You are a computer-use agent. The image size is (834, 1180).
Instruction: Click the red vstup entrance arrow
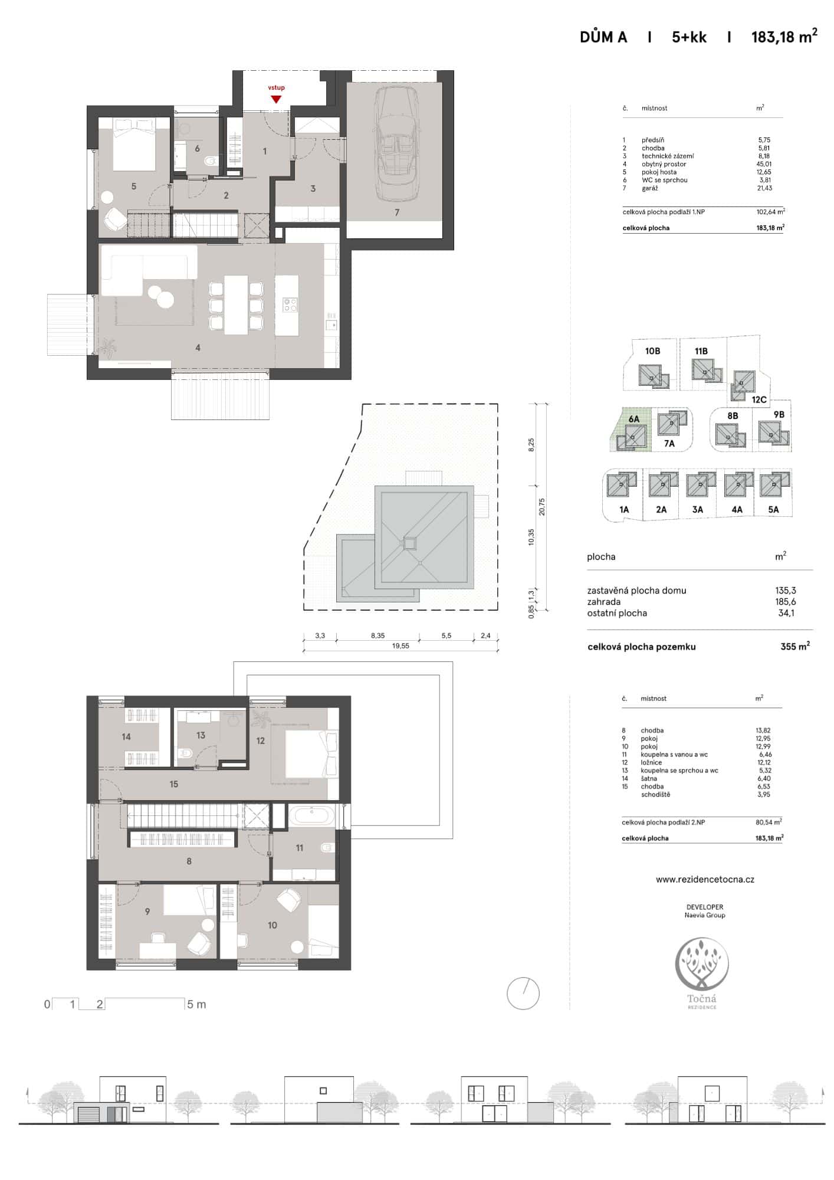(x=275, y=99)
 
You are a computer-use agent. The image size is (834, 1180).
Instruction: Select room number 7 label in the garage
(x=397, y=212)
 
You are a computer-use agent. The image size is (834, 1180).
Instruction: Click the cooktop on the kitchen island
(x=290, y=304)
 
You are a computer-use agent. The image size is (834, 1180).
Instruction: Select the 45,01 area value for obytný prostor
(x=764, y=164)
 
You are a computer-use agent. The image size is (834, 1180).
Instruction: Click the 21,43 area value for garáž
(x=764, y=188)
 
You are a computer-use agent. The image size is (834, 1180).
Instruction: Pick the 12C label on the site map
(x=759, y=399)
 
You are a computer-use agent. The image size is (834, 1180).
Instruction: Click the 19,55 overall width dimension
(x=400, y=646)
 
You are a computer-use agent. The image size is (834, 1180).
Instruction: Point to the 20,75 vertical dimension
(x=542, y=507)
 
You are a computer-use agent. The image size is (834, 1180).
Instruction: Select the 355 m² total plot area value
(x=794, y=647)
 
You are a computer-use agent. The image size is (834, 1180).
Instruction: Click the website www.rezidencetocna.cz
(x=705, y=879)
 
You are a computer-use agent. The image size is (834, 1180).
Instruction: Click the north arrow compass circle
(x=523, y=994)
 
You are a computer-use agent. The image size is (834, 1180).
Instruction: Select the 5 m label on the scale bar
(x=196, y=1004)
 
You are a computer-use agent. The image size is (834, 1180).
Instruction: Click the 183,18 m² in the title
(x=784, y=37)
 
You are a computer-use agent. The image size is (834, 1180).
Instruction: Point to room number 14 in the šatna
(x=126, y=736)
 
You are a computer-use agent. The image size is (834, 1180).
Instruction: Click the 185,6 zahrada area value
(x=785, y=602)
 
